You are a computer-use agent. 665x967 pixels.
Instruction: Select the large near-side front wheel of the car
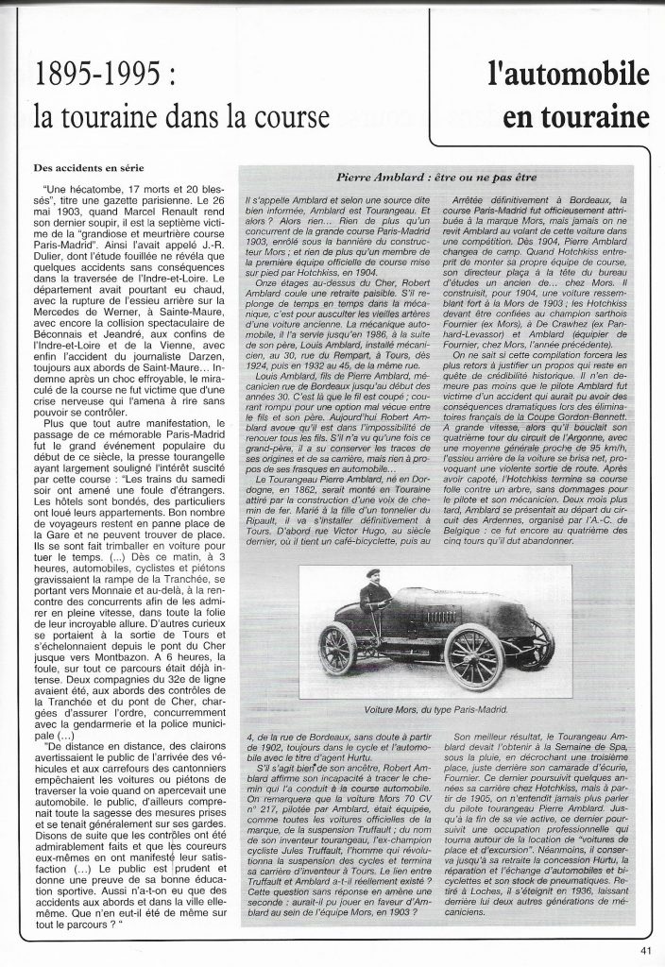[474, 654]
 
